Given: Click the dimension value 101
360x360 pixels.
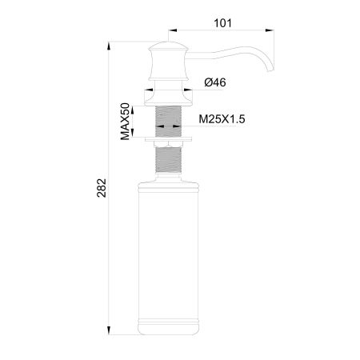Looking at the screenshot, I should coord(222,22).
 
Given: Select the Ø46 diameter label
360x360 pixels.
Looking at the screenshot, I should coord(215,82).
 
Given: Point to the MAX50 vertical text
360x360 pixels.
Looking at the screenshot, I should coord(126,121).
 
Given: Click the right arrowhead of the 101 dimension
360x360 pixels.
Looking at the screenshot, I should coord(274,33).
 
